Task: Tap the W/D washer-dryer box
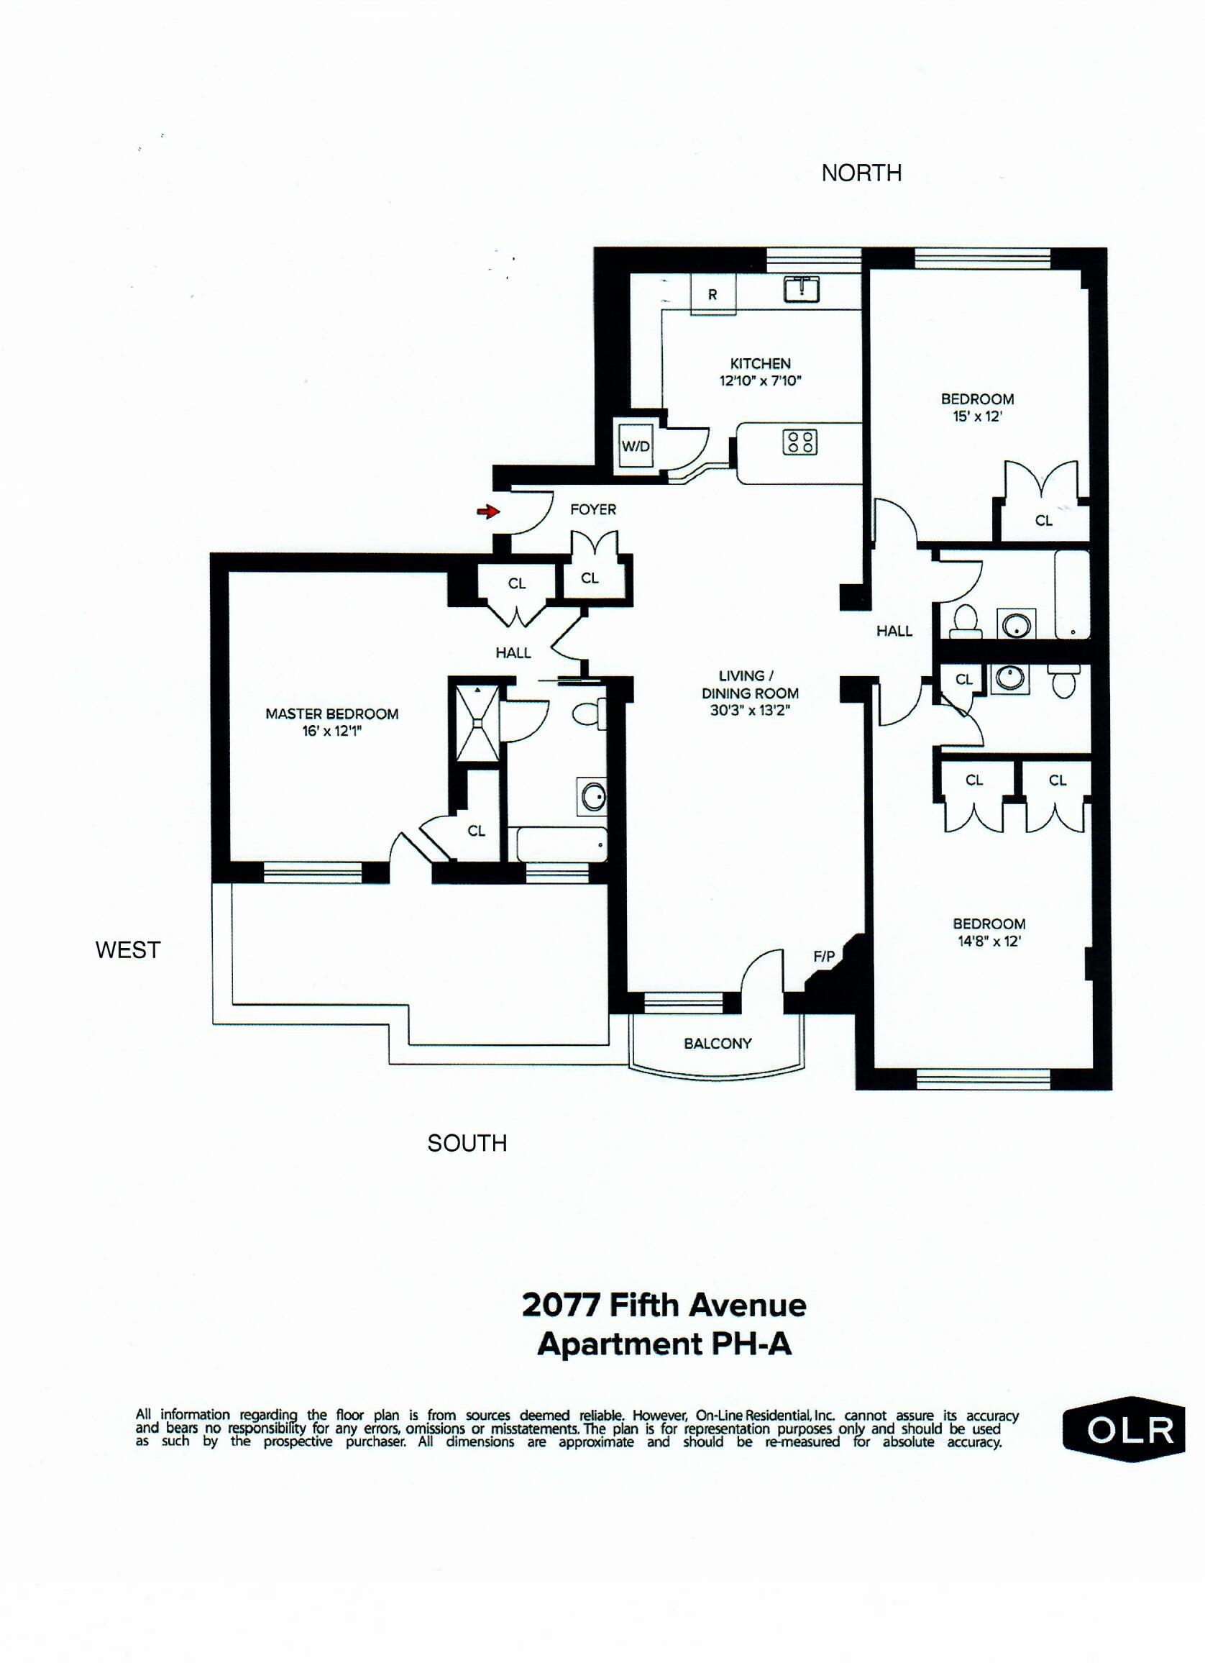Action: tap(636, 446)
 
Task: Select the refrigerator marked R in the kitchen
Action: tap(712, 296)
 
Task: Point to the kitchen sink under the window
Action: tap(802, 289)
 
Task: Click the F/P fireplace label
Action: tap(823, 956)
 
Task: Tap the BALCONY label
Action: tap(718, 1044)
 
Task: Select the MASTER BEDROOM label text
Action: tap(332, 714)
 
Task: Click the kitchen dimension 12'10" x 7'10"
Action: tap(760, 381)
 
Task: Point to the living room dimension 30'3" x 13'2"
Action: tap(750, 710)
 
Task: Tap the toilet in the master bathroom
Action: tap(589, 714)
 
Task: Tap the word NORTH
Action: tap(861, 173)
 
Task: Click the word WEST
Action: tap(127, 950)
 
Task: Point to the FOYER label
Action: tap(593, 509)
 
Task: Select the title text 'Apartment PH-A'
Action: tap(664, 1345)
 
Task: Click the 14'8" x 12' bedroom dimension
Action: tap(989, 942)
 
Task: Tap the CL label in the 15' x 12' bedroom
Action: tap(1043, 521)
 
